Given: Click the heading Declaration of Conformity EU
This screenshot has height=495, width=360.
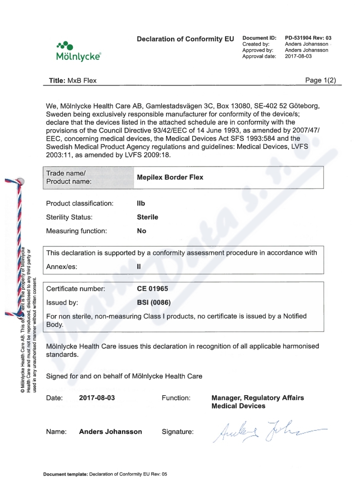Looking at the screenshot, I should click(185, 39).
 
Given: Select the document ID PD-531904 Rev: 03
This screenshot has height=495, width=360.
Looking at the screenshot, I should click(308, 38).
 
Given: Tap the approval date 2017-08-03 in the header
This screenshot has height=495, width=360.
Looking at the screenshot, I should click(298, 56).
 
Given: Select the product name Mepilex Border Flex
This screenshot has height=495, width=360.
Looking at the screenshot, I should click(170, 177).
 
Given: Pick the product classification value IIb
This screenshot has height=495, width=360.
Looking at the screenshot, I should click(141, 203).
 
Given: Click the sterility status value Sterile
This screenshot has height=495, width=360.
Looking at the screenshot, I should click(147, 217).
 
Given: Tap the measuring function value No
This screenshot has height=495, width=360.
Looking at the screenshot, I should click(141, 231).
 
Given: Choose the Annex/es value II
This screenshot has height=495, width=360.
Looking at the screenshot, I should click(139, 266).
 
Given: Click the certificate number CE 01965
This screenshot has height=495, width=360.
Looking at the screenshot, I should click(152, 288).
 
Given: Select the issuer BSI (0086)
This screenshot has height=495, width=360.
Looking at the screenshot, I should click(153, 302).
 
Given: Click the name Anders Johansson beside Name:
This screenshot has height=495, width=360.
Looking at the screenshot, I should click(110, 432).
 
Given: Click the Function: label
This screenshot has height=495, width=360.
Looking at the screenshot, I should click(175, 398).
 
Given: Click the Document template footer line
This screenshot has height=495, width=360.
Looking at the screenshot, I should click(105, 474).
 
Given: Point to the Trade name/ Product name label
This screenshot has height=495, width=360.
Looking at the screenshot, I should click(69, 177).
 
